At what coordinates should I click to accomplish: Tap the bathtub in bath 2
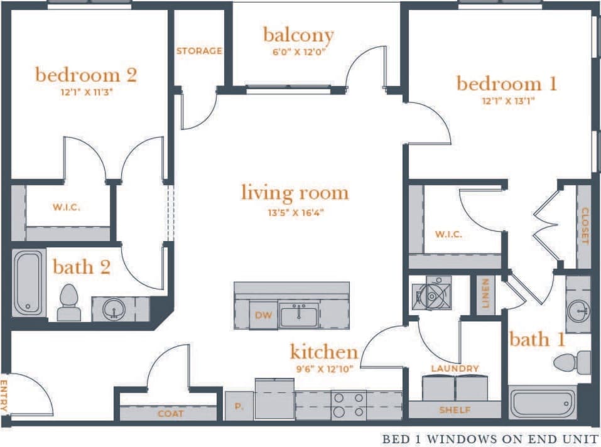pyautogui.click(x=29, y=283)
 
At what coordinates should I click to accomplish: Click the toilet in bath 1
pyautogui.click(x=574, y=362)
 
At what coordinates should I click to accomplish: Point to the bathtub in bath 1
pyautogui.click(x=543, y=404)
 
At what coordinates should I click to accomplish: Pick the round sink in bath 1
pyautogui.click(x=578, y=310)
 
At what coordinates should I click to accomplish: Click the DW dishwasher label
pyautogui.click(x=264, y=315)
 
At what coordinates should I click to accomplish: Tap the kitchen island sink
pyautogui.click(x=299, y=314)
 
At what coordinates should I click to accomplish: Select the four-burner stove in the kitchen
pyautogui.click(x=349, y=405)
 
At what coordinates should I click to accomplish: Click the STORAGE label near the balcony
pyautogui.click(x=199, y=51)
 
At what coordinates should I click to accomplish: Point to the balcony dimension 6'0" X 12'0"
pyautogui.click(x=298, y=53)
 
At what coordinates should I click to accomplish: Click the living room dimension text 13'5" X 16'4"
pyautogui.click(x=295, y=212)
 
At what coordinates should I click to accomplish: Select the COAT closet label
pyautogui.click(x=171, y=413)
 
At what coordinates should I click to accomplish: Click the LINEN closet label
pyautogui.click(x=485, y=294)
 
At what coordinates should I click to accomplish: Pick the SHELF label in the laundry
pyautogui.click(x=455, y=410)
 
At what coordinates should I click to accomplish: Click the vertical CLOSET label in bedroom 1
pyautogui.click(x=585, y=225)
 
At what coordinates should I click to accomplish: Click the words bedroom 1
pyautogui.click(x=507, y=83)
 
